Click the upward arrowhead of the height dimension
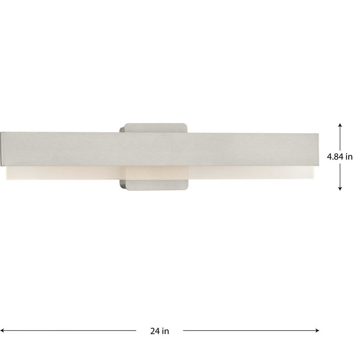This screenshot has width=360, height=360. pyautogui.click(x=340, y=125)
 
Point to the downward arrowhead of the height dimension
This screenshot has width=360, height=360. pyautogui.click(x=340, y=189)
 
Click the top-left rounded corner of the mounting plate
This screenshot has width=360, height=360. pyautogui.click(x=122, y=126)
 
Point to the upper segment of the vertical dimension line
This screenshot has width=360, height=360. pyautogui.click(x=340, y=137)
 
